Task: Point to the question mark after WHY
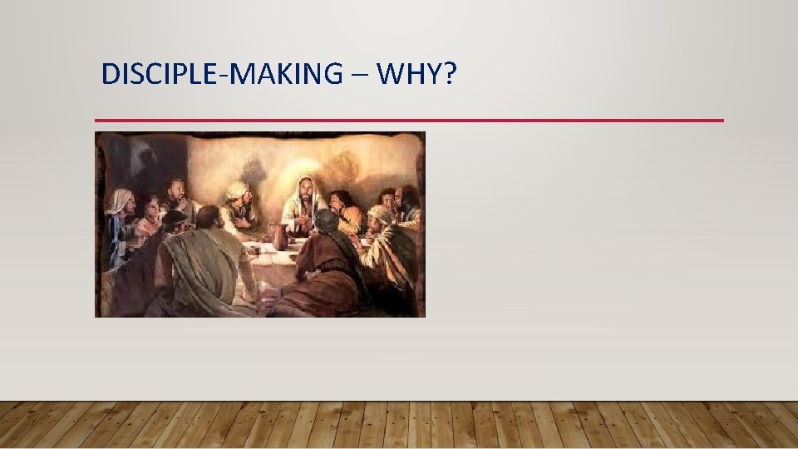pyautogui.click(x=450, y=74)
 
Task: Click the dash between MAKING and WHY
pyautogui.click(x=357, y=76)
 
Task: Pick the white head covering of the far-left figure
pyautogui.click(x=121, y=200)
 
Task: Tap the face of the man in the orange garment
pyautogui.click(x=341, y=201)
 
